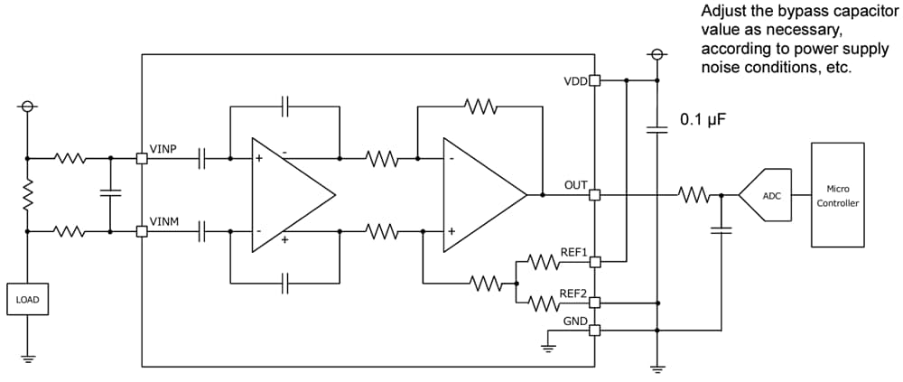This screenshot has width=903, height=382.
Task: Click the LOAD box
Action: coord(27,299)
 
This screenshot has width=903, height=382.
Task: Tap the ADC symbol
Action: coord(768,194)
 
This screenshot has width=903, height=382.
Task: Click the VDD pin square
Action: coord(594,80)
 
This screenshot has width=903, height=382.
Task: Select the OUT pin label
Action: coord(575,184)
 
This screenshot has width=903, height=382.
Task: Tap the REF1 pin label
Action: coord(573,252)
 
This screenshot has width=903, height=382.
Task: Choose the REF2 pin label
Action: coord(573,293)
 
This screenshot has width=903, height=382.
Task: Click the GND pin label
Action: coord(575,321)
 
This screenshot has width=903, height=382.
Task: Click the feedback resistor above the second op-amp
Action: coord(479,107)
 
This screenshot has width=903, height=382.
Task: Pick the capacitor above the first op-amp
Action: coord(285,106)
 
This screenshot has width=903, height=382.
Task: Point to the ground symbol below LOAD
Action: coord(27,356)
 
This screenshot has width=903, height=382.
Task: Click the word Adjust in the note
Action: coord(722,13)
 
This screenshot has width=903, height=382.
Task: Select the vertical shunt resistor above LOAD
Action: coord(27,192)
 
